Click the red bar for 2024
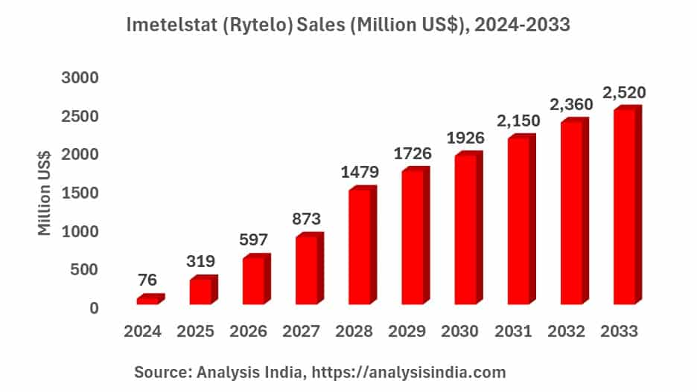tap(147, 300)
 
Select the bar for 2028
tap(360, 247)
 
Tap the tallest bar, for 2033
tap(624, 207)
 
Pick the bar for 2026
tap(254, 281)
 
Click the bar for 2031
tap(518, 221)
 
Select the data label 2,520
tap(624, 93)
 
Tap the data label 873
tap(306, 219)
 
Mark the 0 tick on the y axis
tap(94, 308)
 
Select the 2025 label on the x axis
tap(200, 332)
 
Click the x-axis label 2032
tap(571, 332)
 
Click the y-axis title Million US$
tap(45, 193)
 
